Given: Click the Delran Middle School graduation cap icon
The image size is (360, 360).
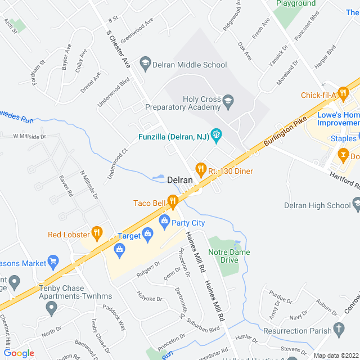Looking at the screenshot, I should click(145, 64).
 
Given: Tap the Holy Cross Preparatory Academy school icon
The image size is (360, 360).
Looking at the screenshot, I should click(228, 102).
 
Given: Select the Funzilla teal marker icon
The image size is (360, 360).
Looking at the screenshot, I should click(216, 135).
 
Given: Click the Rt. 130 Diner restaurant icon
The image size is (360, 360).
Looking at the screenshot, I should click(199, 169).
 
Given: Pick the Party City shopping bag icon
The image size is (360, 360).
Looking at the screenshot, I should click(164, 220).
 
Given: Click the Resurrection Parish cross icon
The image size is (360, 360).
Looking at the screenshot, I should click(339, 328).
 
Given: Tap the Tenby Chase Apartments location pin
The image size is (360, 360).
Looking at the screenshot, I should click(52, 308).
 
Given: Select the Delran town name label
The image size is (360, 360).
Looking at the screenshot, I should click(180, 181).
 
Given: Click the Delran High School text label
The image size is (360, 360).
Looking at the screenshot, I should click(317, 206).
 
